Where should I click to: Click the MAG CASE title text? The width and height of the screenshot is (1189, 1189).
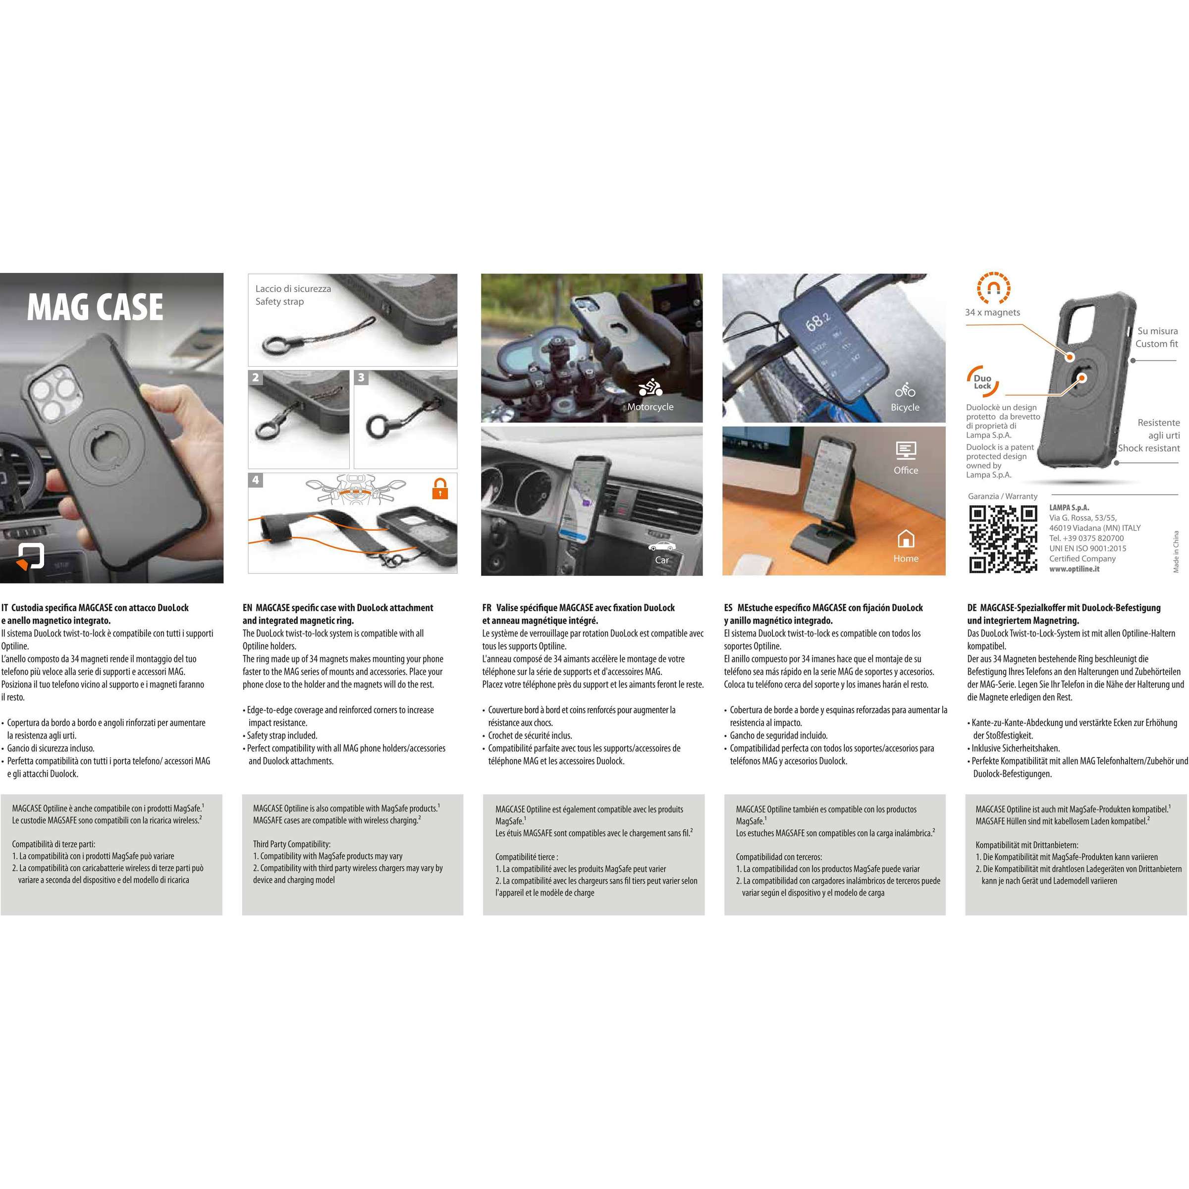point(96,307)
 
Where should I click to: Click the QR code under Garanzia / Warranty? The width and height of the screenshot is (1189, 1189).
point(1003,539)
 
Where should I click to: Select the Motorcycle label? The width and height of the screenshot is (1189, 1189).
point(650,407)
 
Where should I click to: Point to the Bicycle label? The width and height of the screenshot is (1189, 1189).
point(905,407)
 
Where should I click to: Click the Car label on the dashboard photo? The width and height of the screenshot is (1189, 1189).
point(661,560)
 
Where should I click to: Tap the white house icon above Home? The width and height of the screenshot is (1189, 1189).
point(905,539)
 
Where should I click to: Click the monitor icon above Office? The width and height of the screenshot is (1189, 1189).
point(906,450)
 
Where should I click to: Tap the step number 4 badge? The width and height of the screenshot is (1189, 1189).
point(256,480)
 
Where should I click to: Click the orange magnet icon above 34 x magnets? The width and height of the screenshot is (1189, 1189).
point(993,288)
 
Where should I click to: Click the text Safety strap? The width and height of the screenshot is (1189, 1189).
point(279,302)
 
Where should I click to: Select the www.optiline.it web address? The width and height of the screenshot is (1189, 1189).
point(1075,569)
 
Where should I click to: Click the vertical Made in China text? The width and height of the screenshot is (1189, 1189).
point(1176,551)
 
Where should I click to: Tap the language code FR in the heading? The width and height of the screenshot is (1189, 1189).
point(487,608)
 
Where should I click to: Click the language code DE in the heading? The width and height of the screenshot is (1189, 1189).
point(973,608)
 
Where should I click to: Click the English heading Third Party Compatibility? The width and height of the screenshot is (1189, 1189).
point(292,844)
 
